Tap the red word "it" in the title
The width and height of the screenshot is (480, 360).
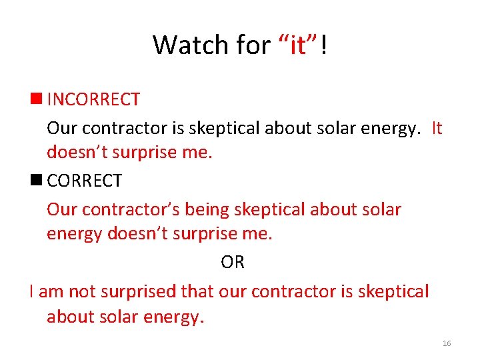tap(297, 45)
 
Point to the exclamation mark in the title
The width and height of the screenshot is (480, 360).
tap(323, 45)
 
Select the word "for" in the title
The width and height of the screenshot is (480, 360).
tap(252, 45)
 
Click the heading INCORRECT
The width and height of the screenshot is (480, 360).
tap(93, 100)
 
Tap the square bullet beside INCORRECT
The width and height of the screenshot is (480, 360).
tap(35, 100)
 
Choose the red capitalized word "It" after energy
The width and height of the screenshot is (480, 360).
tap(437, 127)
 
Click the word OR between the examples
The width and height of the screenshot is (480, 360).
tap(233, 263)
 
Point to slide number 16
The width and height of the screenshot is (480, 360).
tap(447, 343)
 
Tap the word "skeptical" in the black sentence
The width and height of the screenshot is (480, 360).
tap(393, 291)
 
